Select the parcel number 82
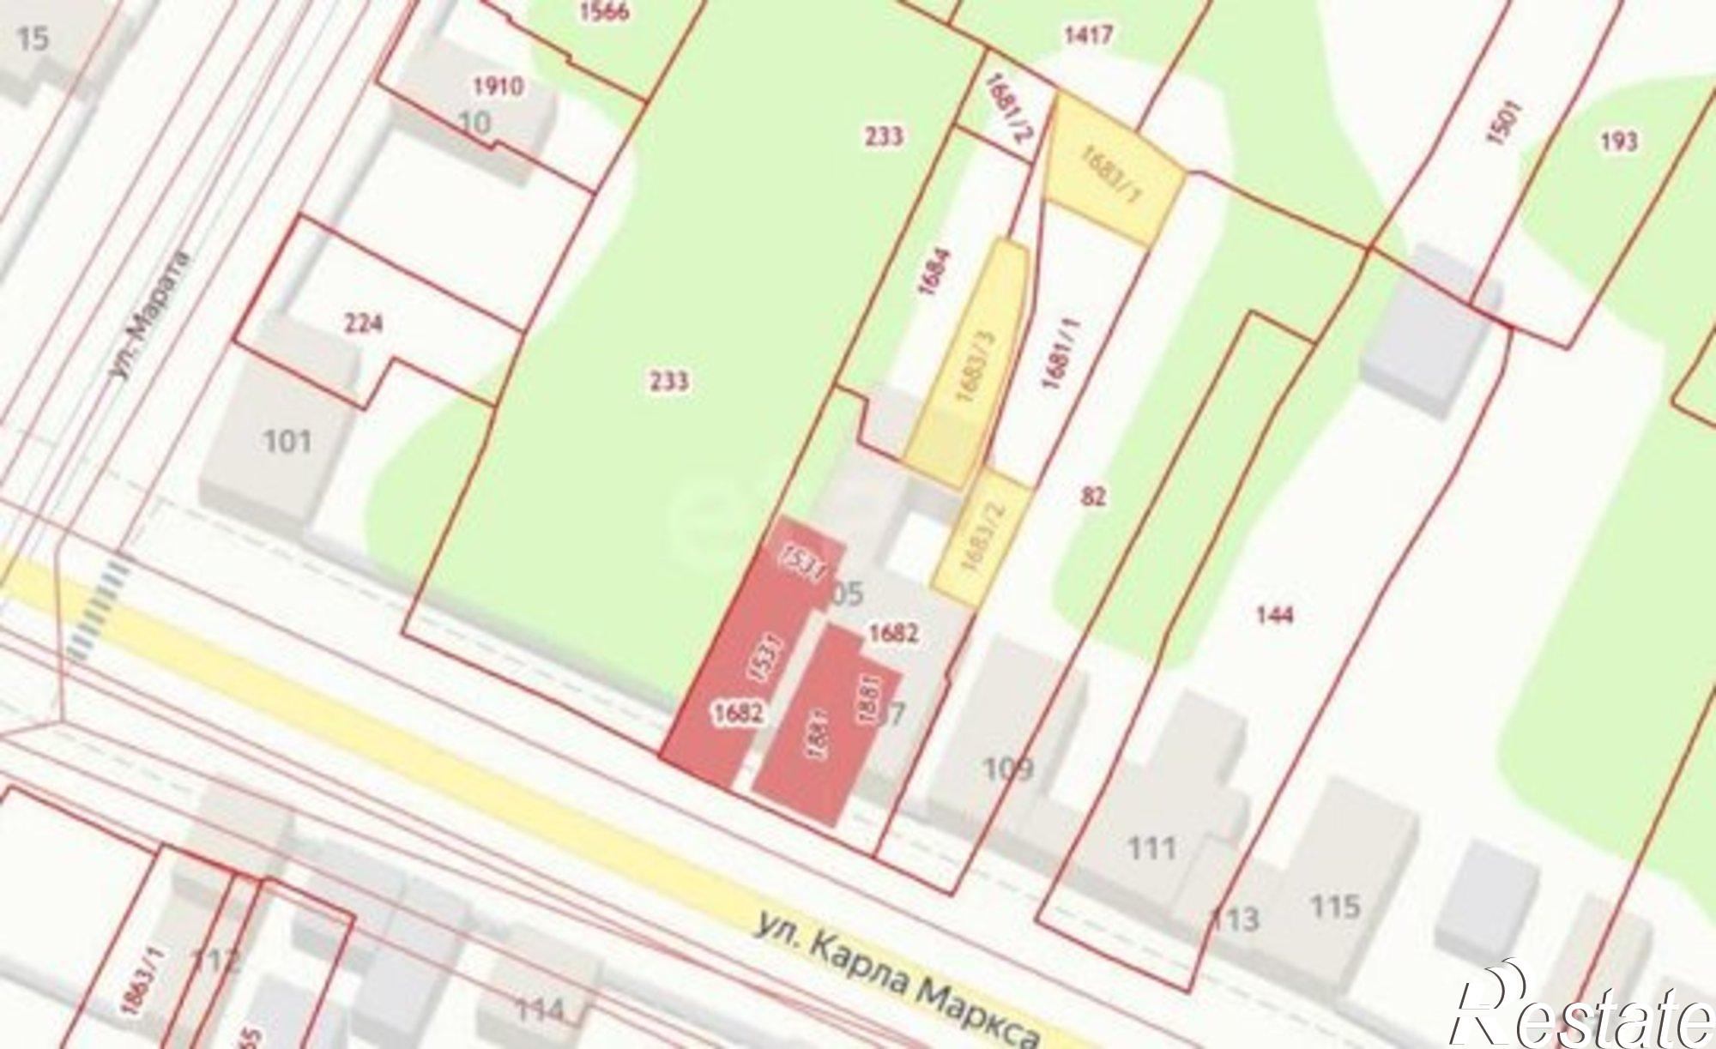click(x=1094, y=496)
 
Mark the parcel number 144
click(x=1273, y=614)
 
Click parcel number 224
click(x=363, y=324)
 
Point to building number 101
click(x=287, y=443)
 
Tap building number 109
click(x=1007, y=768)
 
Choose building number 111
click(x=1151, y=848)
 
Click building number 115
click(x=1336, y=906)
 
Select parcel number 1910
click(x=498, y=87)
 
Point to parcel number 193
click(x=1618, y=141)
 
